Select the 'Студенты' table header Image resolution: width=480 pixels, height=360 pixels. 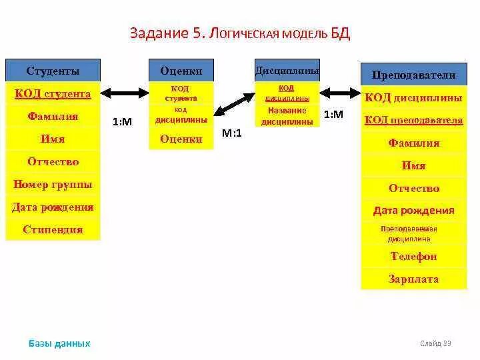tap(53, 71)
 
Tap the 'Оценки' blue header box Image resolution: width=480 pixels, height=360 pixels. tap(181, 71)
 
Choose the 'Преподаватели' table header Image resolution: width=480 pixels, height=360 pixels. tap(413, 75)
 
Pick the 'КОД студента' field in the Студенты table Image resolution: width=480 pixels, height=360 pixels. tap(53, 94)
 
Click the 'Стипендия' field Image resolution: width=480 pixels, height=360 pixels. tap(53, 230)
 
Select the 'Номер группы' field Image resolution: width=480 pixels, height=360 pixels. tap(53, 185)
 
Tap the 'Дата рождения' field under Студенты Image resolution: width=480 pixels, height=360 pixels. tap(53, 207)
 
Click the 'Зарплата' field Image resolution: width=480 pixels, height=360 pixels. tap(413, 279)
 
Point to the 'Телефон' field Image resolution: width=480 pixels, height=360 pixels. tap(413, 257)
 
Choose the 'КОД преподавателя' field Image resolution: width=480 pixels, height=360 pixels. tap(413, 120)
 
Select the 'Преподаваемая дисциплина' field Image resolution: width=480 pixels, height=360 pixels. tap(413, 233)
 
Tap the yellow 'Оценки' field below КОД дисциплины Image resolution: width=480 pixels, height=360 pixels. tap(181, 139)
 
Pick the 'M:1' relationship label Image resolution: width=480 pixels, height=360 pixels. tap(232, 133)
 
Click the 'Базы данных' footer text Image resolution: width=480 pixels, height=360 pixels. tap(59, 344)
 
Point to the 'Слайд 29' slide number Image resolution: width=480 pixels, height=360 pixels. tap(436, 344)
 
